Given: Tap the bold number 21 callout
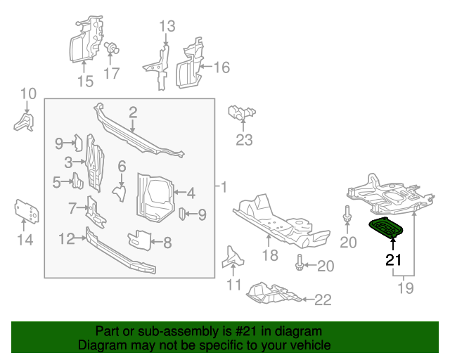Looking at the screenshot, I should [x=393, y=260].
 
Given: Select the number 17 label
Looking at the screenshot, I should [x=111, y=73].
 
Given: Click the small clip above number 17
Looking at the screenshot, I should [x=110, y=49].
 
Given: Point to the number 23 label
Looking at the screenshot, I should [x=243, y=140].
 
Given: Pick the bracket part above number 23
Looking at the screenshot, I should [x=240, y=112].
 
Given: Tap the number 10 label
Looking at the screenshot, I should [x=27, y=94].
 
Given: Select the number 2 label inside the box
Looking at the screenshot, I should [x=132, y=112].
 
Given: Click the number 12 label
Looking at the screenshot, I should [x=66, y=239].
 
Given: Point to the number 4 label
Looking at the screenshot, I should [x=189, y=191].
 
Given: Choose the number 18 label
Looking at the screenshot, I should [x=271, y=255].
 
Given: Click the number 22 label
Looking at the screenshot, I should [x=321, y=300].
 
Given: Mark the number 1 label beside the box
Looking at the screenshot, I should [x=224, y=188].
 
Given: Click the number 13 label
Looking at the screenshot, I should [x=166, y=27].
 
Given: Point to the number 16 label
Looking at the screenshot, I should [x=221, y=67].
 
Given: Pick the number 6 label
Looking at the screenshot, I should [x=121, y=166].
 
